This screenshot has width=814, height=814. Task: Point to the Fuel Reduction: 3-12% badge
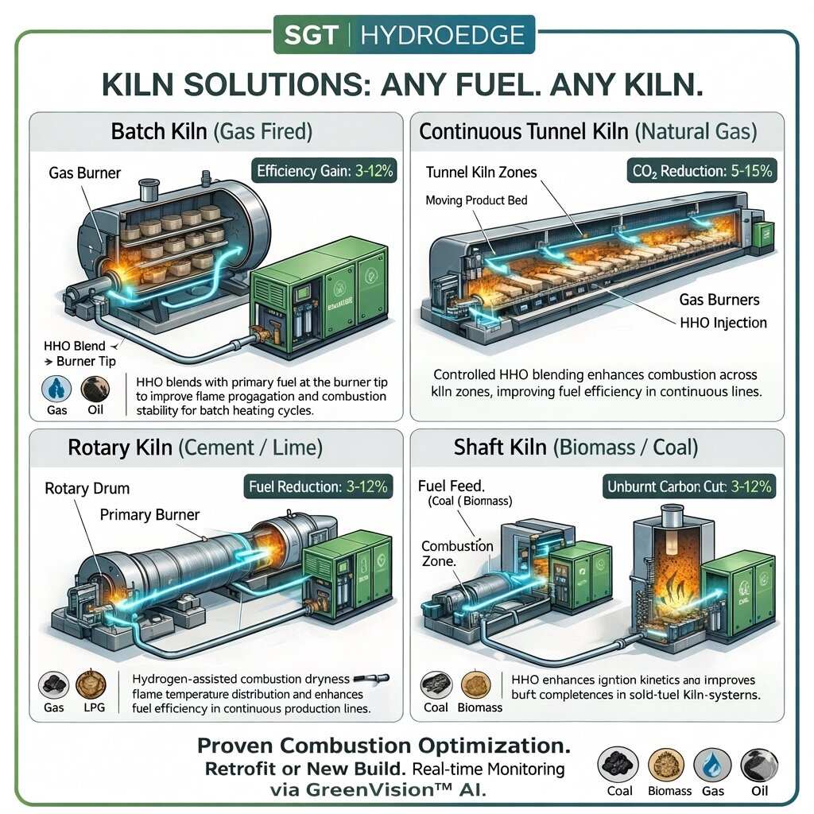pyautogui.click(x=318, y=486)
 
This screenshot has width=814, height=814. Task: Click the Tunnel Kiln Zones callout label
pyautogui.click(x=481, y=172)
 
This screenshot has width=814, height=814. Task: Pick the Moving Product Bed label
pyautogui.click(x=476, y=200)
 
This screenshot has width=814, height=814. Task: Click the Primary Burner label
pyautogui.click(x=150, y=515)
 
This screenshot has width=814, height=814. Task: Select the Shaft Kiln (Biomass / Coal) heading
pyautogui.click(x=576, y=447)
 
